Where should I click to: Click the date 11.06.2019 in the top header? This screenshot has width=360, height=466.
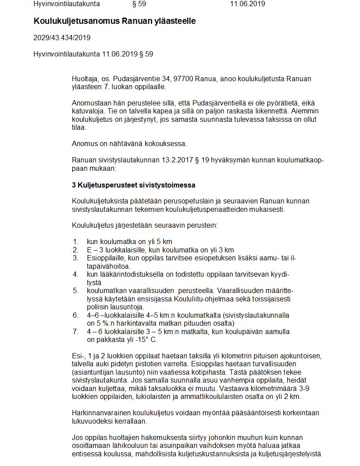pyautogui.click(x=247, y=4)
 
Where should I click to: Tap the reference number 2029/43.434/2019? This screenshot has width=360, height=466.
pyautogui.click(x=62, y=38)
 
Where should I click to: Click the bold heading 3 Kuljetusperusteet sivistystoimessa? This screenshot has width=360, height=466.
pyautogui.click(x=134, y=185)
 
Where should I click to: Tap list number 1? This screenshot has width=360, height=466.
pyautogui.click(x=75, y=241)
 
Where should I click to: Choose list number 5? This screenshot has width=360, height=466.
pyautogui.click(x=75, y=290)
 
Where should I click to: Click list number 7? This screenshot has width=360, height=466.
pyautogui.click(x=75, y=331)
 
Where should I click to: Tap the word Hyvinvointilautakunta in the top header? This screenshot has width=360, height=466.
pyautogui.click(x=67, y=4)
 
